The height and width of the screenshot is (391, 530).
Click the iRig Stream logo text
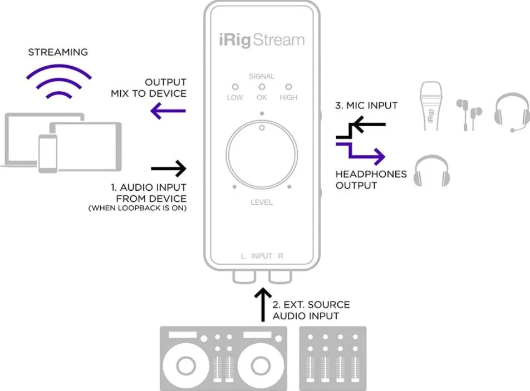[261, 40]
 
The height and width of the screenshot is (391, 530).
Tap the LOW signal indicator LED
[235, 87]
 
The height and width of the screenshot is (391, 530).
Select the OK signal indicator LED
[262, 87]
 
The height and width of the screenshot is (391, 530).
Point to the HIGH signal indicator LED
[288, 87]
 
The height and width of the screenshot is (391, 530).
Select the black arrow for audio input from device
[168, 167]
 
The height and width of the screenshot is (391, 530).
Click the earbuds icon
[468, 113]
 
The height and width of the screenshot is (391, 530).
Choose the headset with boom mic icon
[511, 112]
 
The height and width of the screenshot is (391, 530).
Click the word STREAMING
[58, 52]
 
